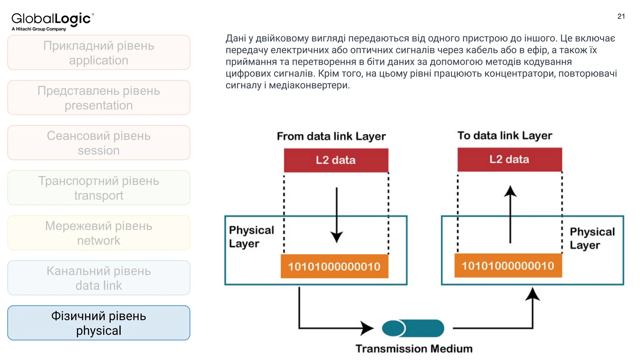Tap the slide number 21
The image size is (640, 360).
pos(621,16)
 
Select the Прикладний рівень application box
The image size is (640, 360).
pos(99,52)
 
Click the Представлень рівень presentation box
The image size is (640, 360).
pos(99,97)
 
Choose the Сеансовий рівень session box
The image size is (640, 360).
pos(99,143)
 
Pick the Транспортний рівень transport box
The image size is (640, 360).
pos(99,188)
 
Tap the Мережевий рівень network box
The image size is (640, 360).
pos(99,233)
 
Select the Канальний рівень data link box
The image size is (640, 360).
pos(99,278)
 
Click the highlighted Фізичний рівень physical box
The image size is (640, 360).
pos(99,323)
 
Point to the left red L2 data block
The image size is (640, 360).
pos(336,160)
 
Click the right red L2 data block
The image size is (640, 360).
pos(509,159)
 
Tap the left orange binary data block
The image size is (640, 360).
pos(334,266)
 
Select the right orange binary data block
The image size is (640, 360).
pos(508,266)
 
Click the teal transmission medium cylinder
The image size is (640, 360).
pos(413,328)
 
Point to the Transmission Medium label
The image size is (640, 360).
pos(414,348)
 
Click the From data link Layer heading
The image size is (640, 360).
pos(331,136)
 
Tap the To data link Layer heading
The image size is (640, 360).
pos(505,135)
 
